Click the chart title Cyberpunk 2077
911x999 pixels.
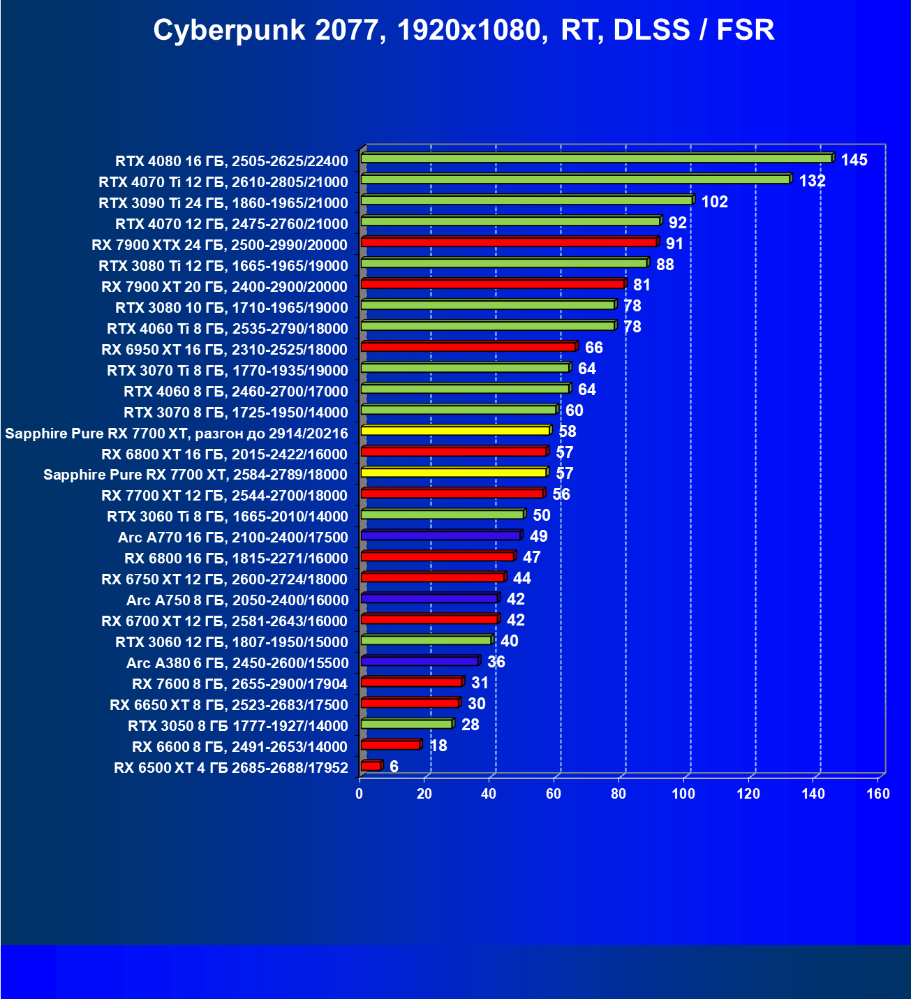(x=464, y=30)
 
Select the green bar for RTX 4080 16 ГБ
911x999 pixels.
(x=596, y=158)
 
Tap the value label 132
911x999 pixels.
(x=812, y=182)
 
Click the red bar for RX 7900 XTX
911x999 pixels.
(x=508, y=242)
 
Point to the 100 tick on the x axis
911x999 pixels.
(x=683, y=794)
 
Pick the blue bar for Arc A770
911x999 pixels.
(x=440, y=535)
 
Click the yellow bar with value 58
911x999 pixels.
(x=455, y=431)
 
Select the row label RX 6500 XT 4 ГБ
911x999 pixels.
(x=230, y=768)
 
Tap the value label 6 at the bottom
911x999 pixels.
(x=394, y=767)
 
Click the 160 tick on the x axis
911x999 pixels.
(x=877, y=794)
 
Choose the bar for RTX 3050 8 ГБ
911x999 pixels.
(x=406, y=724)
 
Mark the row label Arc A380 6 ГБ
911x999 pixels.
(x=237, y=663)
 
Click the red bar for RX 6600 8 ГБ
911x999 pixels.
(x=390, y=745)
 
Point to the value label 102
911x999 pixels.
(x=714, y=202)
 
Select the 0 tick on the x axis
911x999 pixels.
(x=360, y=794)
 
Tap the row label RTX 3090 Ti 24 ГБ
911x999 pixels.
(x=223, y=203)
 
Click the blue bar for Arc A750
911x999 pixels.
(x=429, y=598)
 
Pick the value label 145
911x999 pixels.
(x=854, y=161)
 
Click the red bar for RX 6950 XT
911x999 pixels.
(x=468, y=347)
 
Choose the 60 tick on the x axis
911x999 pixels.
(x=554, y=794)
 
